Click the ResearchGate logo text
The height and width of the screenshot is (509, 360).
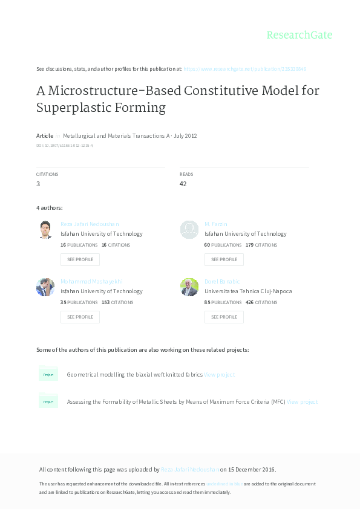[299, 35]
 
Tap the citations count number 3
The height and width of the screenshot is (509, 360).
[38, 184]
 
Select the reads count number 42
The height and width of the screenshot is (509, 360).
[183, 184]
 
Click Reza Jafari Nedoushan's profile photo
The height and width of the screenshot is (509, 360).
[45, 230]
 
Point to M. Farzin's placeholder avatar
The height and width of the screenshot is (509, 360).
[189, 230]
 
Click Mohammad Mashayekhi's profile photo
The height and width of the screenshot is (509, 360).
[45, 287]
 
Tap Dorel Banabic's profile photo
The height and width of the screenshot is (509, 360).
[189, 287]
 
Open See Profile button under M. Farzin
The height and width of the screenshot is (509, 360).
[224, 259]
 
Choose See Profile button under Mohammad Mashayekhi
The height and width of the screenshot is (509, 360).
[80, 317]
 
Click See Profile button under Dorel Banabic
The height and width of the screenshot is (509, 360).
[224, 317]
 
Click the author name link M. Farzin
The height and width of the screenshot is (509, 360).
[215, 224]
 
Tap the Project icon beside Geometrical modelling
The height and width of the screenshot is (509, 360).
[48, 375]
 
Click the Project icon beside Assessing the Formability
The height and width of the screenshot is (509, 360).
[48, 402]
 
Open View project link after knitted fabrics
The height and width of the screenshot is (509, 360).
[219, 375]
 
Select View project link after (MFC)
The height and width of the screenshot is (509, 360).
[302, 402]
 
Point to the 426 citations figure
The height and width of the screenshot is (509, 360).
[248, 302]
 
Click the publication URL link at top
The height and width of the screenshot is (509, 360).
[248, 69]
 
